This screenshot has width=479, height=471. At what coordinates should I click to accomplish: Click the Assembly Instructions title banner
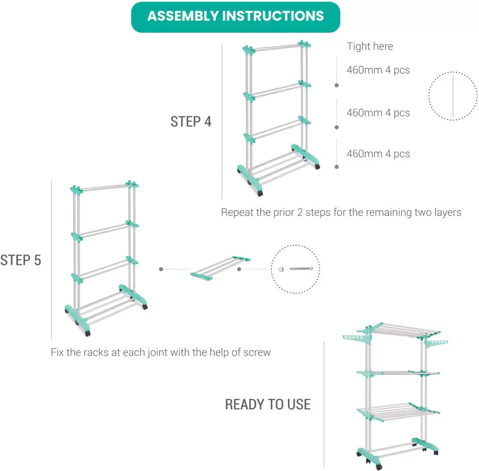235,17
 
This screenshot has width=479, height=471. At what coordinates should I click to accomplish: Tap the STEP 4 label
191,121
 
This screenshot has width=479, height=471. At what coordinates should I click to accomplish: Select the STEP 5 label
21,260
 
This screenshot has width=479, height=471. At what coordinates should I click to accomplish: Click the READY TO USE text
268,404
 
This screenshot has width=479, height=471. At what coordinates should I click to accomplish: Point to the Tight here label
370,46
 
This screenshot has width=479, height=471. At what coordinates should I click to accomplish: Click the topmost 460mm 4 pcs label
378,70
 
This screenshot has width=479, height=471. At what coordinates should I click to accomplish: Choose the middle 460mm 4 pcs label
378,113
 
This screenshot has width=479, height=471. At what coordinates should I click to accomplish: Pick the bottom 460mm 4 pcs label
378,154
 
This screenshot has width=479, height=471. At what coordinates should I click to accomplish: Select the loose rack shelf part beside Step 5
221,268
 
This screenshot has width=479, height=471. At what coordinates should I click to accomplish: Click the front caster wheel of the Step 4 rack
260,193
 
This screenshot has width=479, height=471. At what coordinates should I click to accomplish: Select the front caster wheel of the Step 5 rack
88,333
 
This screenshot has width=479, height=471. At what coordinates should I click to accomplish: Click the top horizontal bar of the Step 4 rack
277,47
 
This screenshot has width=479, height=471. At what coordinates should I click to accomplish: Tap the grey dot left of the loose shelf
161,269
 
